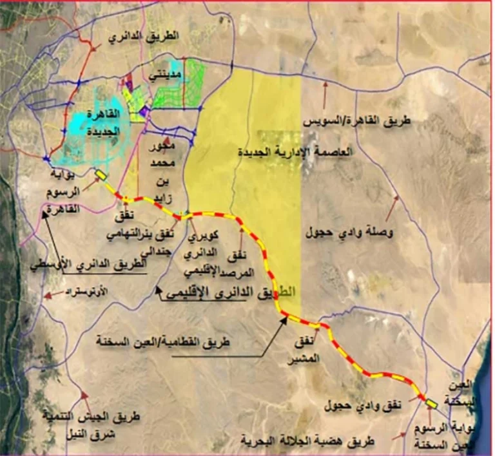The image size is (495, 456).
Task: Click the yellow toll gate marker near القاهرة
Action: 101,175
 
